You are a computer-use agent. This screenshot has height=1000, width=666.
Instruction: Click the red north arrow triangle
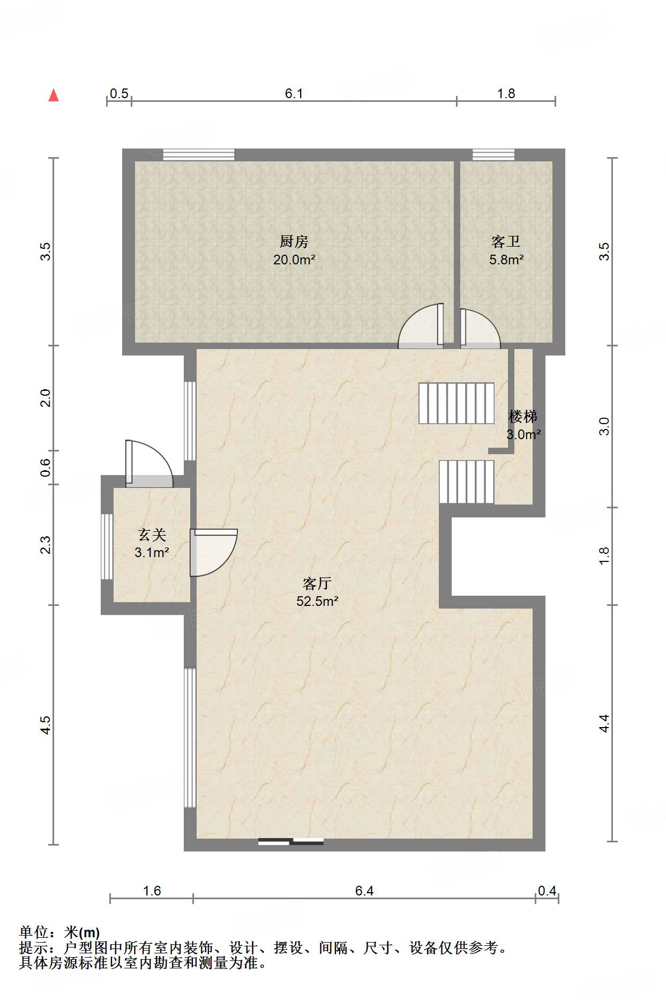pos(54,95)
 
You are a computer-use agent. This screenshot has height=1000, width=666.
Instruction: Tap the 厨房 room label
pos(294,242)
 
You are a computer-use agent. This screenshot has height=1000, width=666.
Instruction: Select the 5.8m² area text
pos(506,260)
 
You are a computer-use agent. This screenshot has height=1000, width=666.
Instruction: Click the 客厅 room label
pos(317,583)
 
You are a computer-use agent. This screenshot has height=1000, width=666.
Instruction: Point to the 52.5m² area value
pos(317,602)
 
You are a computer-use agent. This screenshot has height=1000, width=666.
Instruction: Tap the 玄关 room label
pos(152,535)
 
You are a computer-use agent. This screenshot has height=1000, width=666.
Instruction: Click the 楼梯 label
pos(523,416)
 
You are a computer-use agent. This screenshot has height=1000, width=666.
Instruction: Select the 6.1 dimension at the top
pos(294,94)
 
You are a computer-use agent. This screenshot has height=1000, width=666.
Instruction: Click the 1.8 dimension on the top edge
pos(506,94)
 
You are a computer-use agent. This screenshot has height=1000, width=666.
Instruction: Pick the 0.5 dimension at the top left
pos(119,94)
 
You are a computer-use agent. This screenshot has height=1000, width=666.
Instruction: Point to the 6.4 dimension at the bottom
pos(364,891)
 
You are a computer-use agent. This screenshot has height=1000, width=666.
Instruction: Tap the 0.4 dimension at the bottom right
pos(547,891)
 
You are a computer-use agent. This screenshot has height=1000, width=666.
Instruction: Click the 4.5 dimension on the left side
pos(46,725)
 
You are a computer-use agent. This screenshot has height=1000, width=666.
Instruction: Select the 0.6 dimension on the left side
pos(46,468)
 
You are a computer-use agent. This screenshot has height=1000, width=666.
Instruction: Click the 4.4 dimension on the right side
pos(604,723)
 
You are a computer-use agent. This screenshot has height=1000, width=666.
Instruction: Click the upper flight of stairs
pos(457,403)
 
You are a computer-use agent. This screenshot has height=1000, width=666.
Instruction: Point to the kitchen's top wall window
pos(199,154)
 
